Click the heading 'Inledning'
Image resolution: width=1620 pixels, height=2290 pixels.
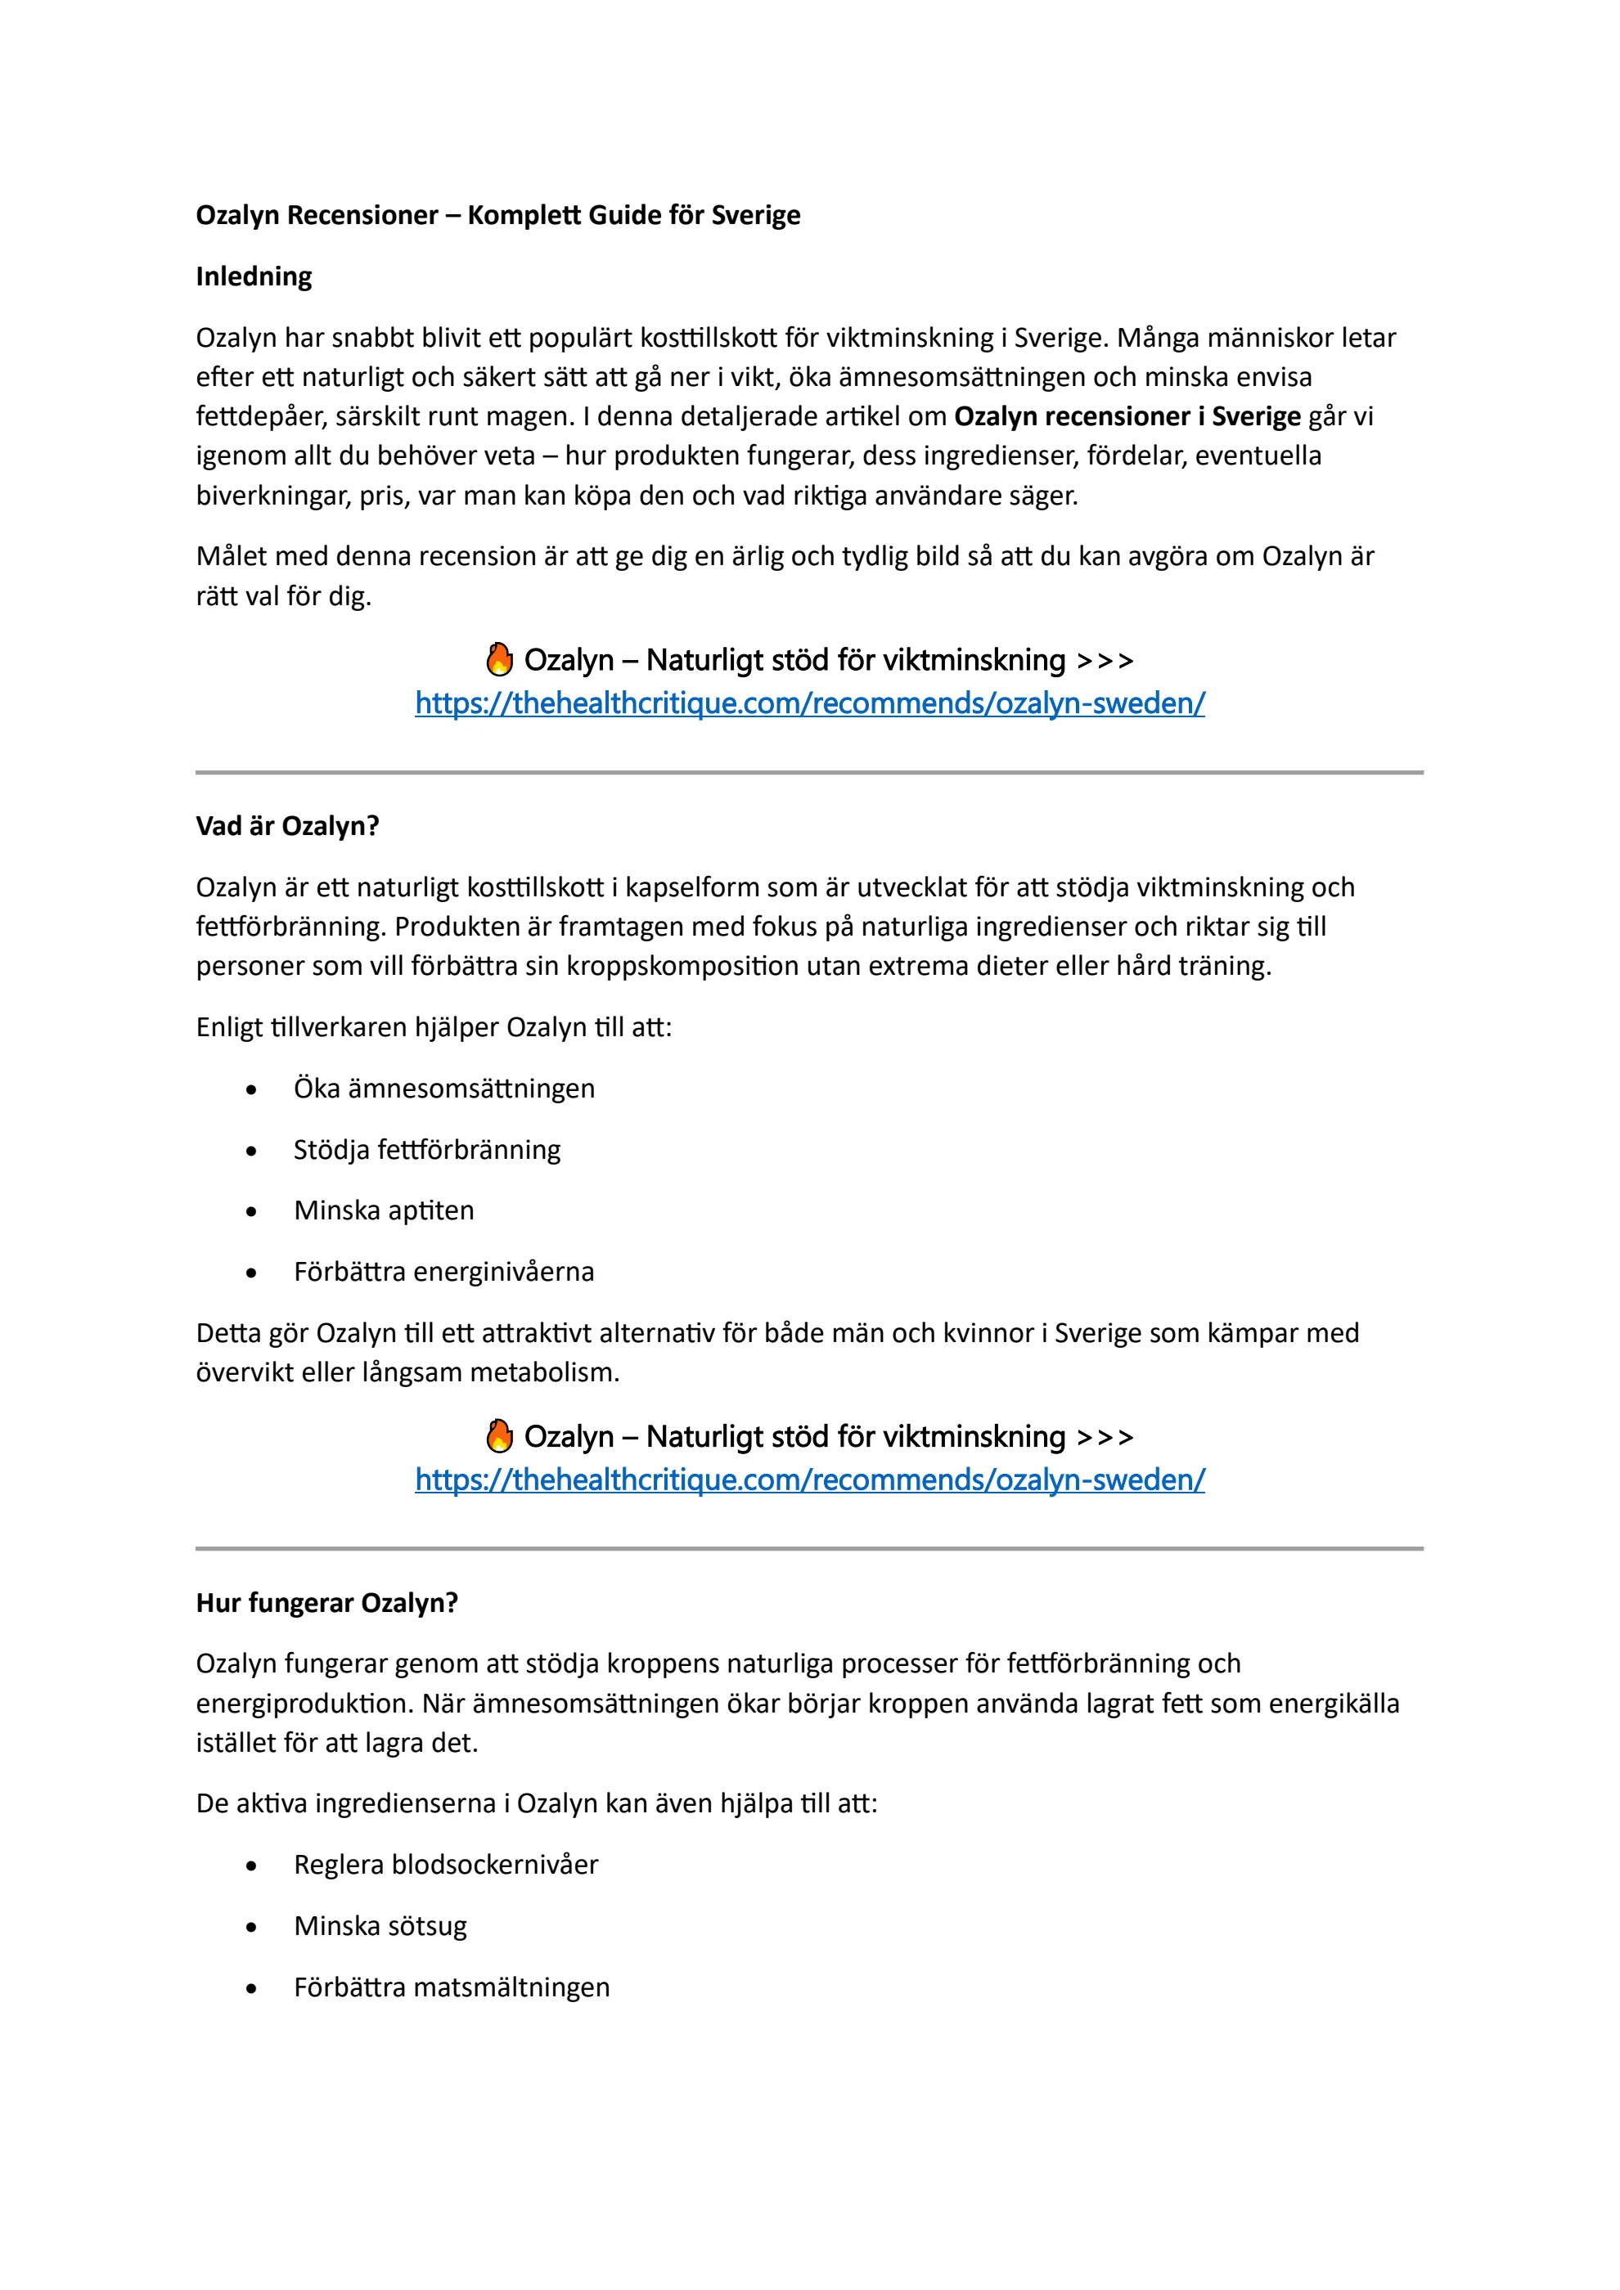pos(254,276)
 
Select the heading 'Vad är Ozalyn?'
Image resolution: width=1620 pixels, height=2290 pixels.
pos(287,826)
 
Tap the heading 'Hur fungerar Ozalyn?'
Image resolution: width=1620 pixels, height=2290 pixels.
pos(326,1603)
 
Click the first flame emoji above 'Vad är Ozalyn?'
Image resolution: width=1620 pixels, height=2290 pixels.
pos(499,659)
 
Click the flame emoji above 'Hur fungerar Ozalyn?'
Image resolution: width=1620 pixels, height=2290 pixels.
pos(499,1436)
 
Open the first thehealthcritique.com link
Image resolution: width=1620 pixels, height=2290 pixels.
pos(809,703)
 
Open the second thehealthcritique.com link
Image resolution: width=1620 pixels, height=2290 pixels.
pos(809,1480)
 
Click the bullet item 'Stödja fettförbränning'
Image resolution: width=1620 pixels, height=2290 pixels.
pos(427,1150)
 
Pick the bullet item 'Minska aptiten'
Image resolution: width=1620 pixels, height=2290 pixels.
pos(384,1210)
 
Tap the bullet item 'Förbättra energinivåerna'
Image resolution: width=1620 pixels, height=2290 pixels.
pos(444,1272)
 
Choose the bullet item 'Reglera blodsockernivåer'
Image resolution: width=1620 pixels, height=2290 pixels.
pos(446,1864)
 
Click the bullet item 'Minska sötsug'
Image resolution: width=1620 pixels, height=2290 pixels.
pos(380,1926)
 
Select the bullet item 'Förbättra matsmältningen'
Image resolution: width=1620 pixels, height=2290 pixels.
pos(452,1987)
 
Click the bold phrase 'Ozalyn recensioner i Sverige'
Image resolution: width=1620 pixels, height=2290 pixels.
pos(1127,416)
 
